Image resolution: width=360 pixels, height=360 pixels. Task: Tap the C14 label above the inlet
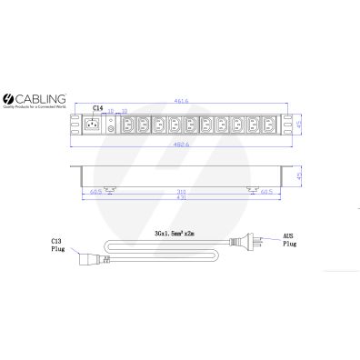pos(97,108)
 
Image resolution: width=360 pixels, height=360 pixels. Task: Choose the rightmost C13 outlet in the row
pos(268,124)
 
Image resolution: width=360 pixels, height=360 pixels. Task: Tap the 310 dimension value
pos(181,192)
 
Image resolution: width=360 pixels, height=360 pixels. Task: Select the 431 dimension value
pos(181,198)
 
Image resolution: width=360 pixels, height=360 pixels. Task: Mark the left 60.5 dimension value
pos(96,192)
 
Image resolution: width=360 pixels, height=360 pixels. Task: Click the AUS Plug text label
pos(289,241)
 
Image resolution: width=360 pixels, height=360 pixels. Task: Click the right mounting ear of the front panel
pos(290,124)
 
